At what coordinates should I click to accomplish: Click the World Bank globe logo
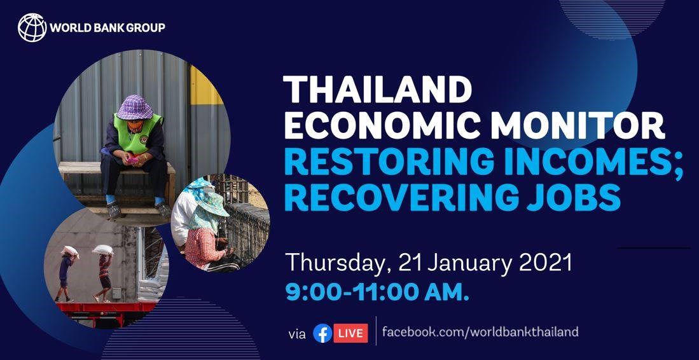coord(32,27)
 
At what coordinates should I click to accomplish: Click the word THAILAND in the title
coord(378,90)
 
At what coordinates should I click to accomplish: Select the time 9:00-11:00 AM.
coord(377,294)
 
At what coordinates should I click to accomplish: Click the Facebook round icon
coord(322,333)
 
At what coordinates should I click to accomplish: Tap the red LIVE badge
coord(351,333)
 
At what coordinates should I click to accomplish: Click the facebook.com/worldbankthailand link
coord(480,332)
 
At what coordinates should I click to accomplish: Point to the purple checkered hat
coord(135,107)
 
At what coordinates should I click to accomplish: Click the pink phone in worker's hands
coord(132,160)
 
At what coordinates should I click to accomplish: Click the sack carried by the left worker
coord(71,251)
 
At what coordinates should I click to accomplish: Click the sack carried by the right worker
coord(102,250)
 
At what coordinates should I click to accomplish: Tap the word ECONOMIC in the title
coord(382,125)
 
